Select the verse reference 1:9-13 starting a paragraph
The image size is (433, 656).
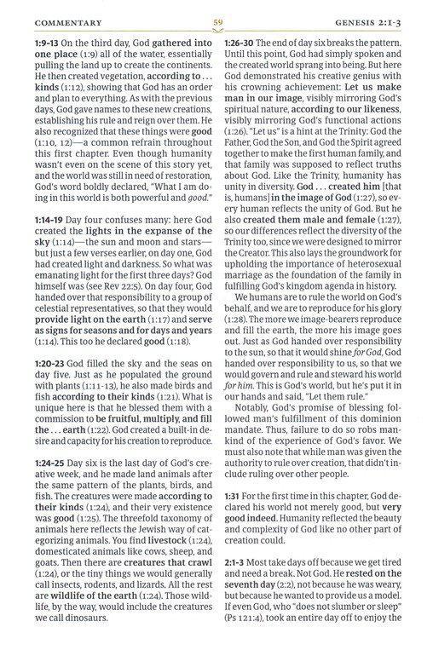[x=50, y=41]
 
